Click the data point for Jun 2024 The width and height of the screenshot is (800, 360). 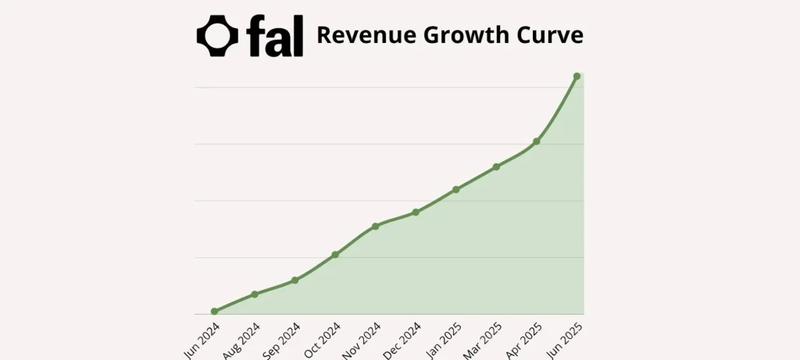[215, 312]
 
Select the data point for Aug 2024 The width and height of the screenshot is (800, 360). [255, 294]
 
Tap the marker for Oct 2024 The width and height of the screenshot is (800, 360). [335, 255]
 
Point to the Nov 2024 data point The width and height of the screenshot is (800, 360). [376, 226]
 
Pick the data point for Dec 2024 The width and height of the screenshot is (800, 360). [416, 212]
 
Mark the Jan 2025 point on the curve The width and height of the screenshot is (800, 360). [456, 190]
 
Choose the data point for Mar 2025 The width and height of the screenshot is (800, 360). [496, 167]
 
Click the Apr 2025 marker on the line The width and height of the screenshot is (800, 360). [537, 141]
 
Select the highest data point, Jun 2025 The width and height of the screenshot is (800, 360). [577, 77]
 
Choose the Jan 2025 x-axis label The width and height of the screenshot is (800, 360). [442, 340]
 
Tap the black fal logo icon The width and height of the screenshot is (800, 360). [217, 36]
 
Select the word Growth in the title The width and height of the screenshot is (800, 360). [461, 36]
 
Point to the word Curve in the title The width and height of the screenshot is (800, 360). [552, 36]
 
